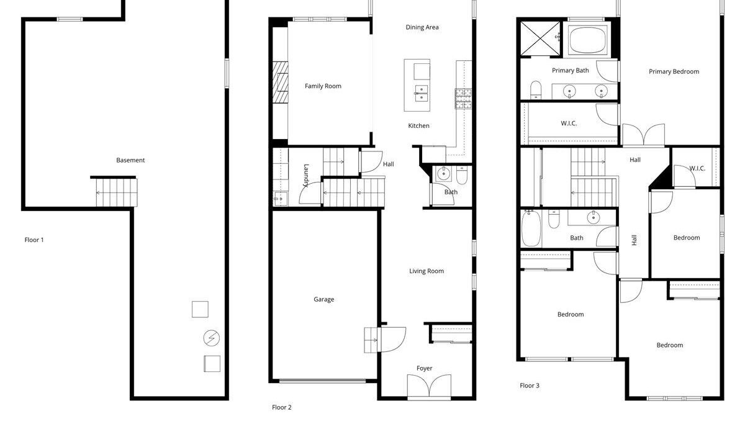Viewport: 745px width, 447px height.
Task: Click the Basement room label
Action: pyautogui.click(x=130, y=160)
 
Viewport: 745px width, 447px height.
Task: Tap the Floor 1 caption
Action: pyautogui.click(x=34, y=240)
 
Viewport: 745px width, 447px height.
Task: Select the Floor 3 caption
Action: pyautogui.click(x=530, y=386)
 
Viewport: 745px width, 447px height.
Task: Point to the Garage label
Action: pyautogui.click(x=324, y=299)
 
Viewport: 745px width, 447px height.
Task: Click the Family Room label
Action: pyautogui.click(x=323, y=86)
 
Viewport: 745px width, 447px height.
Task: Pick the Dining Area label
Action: pyautogui.click(x=422, y=27)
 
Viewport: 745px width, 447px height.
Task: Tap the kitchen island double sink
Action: pyautogui.click(x=421, y=94)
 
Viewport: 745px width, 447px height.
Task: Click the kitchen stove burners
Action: pyautogui.click(x=463, y=99)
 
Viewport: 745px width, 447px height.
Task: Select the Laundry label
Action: pyautogui.click(x=306, y=175)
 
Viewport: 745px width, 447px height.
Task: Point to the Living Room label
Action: pyautogui.click(x=427, y=271)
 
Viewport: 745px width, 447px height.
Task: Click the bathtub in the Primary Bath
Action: pyautogui.click(x=587, y=40)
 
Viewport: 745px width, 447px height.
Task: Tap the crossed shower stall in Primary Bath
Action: pyautogui.click(x=541, y=38)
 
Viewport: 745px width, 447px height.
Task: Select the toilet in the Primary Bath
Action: pyautogui.click(x=536, y=90)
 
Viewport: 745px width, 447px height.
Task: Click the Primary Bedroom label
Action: pyautogui.click(x=674, y=71)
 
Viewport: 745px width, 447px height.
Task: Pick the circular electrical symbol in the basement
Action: pyautogui.click(x=212, y=338)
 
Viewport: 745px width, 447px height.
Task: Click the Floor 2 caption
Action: pyautogui.click(x=282, y=407)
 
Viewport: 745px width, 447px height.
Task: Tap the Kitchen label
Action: pyautogui.click(x=418, y=125)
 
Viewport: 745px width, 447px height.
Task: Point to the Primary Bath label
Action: pyautogui.click(x=571, y=71)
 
